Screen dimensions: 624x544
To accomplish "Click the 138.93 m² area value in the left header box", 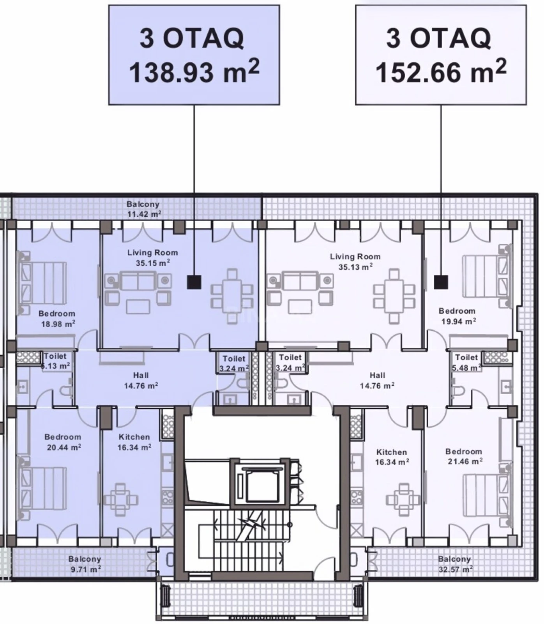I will pos(194,73).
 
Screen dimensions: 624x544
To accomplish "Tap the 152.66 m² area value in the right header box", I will pos(440,72).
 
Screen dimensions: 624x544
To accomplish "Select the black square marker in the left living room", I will pos(194,282).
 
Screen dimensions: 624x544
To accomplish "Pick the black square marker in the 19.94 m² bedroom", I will pos(441,282).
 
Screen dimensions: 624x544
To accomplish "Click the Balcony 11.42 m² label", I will pos(143,209).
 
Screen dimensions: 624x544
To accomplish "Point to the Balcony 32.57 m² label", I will pos(454,564).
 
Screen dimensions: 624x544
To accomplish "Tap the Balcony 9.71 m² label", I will pos(85,564).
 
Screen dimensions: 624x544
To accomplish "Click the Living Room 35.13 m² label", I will pos(355,262).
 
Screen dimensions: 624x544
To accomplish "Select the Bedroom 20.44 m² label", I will pos(63,442).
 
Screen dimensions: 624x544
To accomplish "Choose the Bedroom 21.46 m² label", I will pos(464,456).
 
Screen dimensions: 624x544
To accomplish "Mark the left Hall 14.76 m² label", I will pos(141,381).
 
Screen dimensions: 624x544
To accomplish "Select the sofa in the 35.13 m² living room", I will pos(300,281).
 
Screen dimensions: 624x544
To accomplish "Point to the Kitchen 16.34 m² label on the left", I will pos(134,442).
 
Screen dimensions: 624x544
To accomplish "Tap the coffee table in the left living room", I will pos(138,306).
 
